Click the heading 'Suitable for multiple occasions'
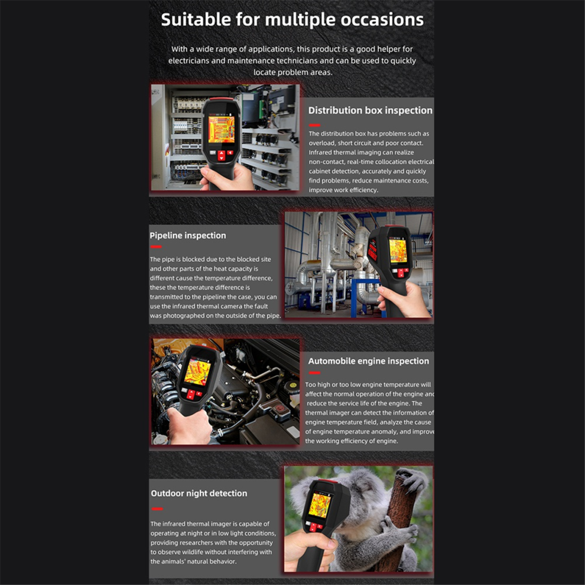(292, 19)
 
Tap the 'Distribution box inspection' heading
(370, 110)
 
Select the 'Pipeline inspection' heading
(188, 235)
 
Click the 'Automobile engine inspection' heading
(368, 361)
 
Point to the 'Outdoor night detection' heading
(199, 493)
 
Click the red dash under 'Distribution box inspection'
(314, 125)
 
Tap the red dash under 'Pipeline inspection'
(156, 246)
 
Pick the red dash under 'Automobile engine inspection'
(314, 373)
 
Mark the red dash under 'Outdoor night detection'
(157, 509)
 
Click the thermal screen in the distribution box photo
(221, 129)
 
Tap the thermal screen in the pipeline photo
(397, 251)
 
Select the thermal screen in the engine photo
(198, 372)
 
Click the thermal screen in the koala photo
(319, 505)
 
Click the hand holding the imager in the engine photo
(188, 426)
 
